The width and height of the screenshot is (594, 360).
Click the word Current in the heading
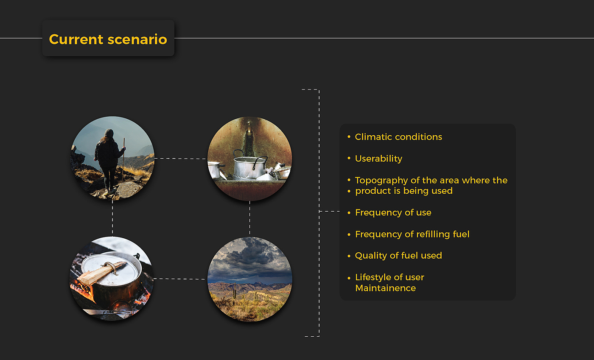76,39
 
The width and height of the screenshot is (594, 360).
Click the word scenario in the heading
137,39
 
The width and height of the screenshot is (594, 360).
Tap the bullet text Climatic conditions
398,137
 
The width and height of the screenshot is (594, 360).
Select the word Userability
378,159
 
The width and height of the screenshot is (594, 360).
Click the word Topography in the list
381,181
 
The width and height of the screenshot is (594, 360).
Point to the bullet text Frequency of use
393,212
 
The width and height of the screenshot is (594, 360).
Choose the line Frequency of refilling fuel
412,234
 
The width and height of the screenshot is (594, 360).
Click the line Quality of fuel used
398,256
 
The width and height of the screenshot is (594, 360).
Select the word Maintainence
385,288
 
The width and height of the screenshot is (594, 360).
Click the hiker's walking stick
123,159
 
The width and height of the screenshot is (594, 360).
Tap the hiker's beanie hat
109,133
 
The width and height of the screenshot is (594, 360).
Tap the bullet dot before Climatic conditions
349,137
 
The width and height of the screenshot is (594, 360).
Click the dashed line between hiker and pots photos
180,159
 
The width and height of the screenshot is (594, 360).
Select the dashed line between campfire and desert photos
179,279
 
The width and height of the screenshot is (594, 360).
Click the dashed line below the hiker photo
112,218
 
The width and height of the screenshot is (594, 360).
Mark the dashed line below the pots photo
249,218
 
